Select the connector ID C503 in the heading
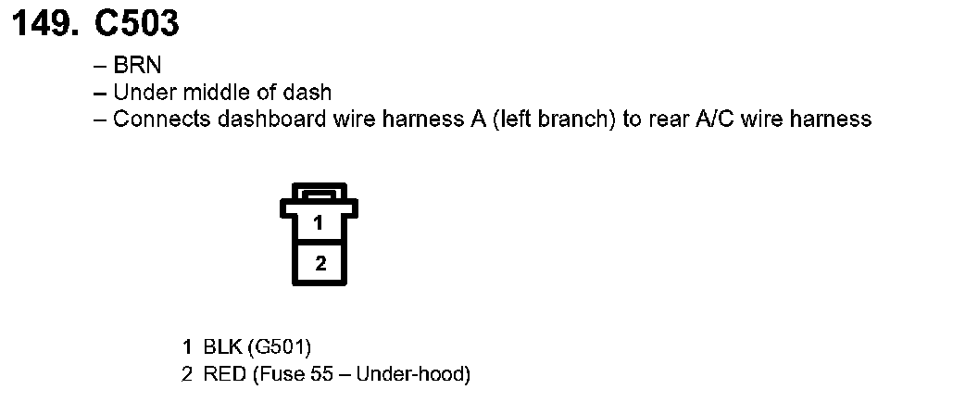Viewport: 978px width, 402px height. [x=136, y=24]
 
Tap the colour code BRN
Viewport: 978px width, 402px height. [x=137, y=67]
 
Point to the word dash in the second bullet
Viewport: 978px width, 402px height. [x=311, y=93]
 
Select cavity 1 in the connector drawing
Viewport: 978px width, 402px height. [x=319, y=223]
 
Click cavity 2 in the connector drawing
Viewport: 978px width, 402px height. [x=320, y=264]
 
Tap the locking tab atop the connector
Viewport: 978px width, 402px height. [x=319, y=194]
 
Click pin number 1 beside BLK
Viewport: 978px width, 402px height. [x=188, y=347]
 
